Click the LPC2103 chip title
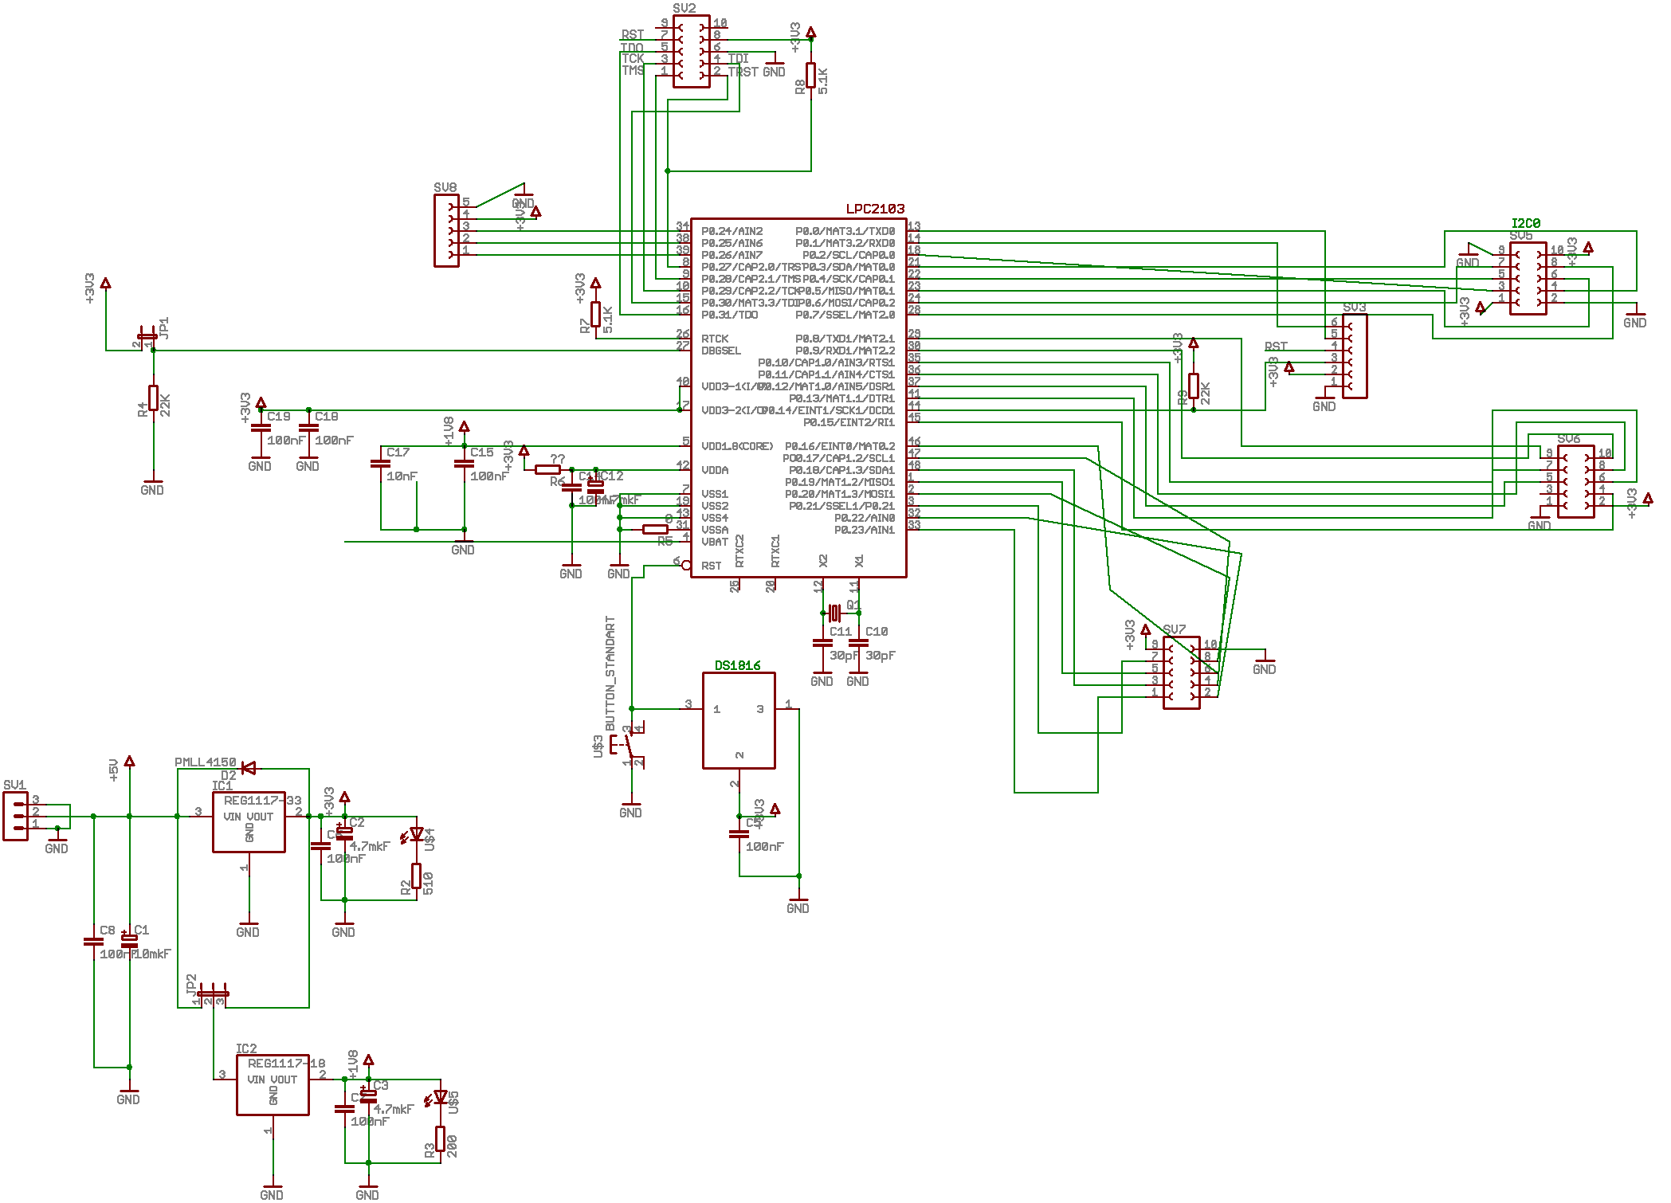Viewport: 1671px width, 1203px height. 875,209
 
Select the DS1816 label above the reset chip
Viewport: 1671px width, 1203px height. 737,665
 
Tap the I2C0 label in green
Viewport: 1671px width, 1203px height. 1525,223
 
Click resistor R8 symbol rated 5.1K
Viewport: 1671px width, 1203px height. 810,76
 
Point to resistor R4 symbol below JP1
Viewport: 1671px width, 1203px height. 153,398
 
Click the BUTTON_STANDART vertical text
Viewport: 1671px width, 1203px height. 610,672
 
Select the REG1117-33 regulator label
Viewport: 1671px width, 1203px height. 262,800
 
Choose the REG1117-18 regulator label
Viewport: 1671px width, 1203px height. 286,1063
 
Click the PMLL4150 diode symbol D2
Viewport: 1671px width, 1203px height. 248,768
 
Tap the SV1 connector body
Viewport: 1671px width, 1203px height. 15,816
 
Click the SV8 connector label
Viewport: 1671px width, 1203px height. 445,187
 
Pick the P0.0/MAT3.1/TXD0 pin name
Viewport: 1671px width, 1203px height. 845,231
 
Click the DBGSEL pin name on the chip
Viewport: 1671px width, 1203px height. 721,351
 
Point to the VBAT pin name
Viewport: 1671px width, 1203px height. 715,542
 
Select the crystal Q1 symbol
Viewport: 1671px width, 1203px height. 834,612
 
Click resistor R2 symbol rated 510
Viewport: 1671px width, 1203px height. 416,876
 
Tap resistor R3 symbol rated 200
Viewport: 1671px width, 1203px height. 440,1138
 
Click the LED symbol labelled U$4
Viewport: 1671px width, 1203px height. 415,834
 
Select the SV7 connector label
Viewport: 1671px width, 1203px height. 1174,629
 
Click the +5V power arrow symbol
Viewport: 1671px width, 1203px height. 129,762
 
